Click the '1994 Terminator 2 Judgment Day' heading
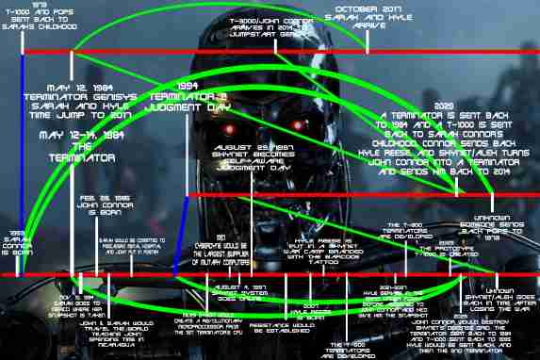pos(216,98)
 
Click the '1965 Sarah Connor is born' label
pos(18,241)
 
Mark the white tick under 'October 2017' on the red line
pos(377,45)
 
